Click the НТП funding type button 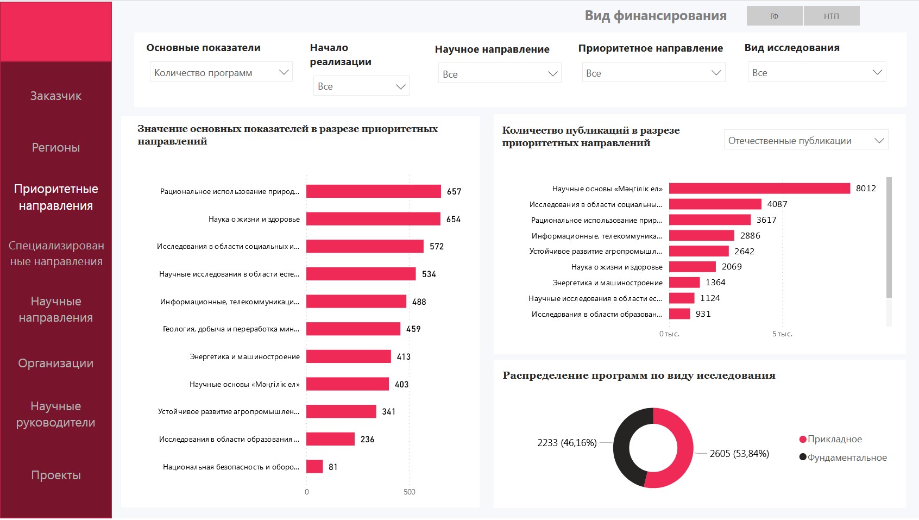[x=831, y=16]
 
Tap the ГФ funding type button [x=775, y=16]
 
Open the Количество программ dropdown [x=221, y=72]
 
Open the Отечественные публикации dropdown [x=806, y=141]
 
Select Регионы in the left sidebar [x=56, y=147]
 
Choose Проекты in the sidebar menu [x=56, y=475]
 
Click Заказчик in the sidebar [x=56, y=96]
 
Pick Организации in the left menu [x=56, y=363]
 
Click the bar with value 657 [x=374, y=191]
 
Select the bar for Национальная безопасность [x=314, y=467]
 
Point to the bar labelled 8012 [x=759, y=189]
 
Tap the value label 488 [x=419, y=302]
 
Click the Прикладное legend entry [x=834, y=439]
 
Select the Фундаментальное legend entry [x=846, y=458]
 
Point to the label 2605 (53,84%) [x=739, y=454]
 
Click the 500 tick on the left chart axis [x=410, y=492]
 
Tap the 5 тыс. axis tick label [x=782, y=334]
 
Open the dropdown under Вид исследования [x=816, y=72]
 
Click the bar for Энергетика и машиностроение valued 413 [x=349, y=356]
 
